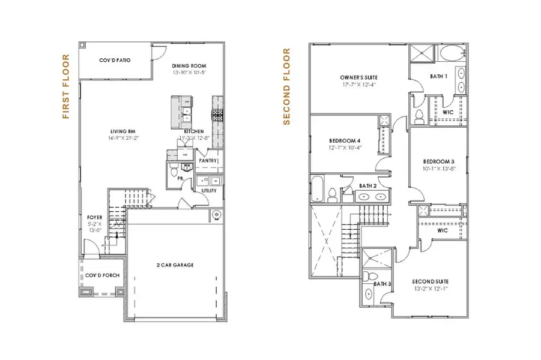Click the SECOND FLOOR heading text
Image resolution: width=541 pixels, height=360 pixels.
(286, 87)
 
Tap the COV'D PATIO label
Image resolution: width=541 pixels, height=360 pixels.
(115, 61)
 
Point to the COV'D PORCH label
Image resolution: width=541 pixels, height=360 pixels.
(102, 275)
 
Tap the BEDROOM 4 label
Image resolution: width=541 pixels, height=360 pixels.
(342, 139)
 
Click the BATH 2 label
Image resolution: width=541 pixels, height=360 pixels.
(367, 187)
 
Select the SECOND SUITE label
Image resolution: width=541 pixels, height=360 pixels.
(430, 281)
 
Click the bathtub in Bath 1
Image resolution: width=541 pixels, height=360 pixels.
(449, 54)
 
